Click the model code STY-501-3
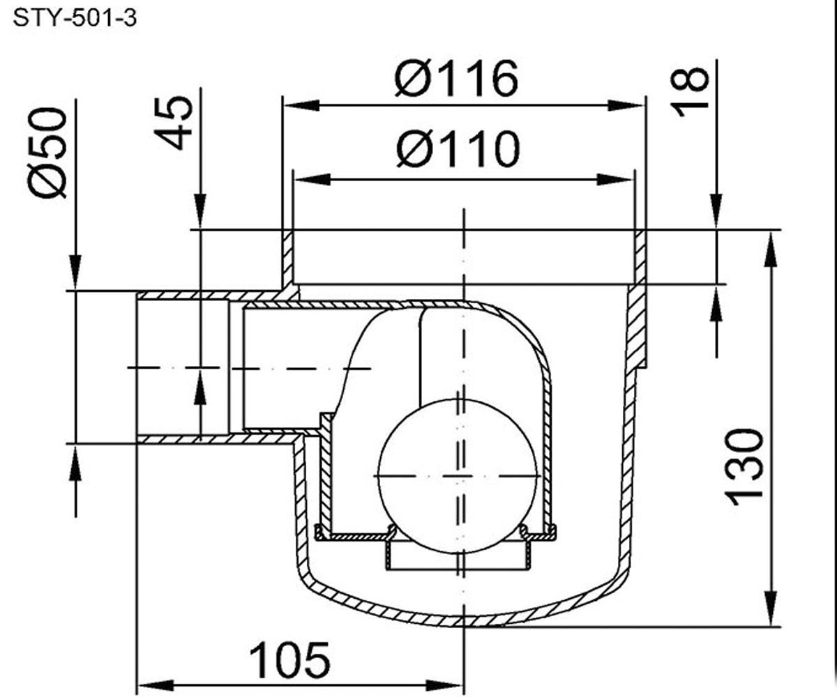point(75,19)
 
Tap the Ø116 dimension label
point(456,79)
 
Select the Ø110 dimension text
point(458,149)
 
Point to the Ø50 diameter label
point(47,153)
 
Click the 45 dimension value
point(174,123)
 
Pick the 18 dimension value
point(689,92)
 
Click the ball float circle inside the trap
point(458,476)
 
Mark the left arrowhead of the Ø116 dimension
point(301,105)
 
